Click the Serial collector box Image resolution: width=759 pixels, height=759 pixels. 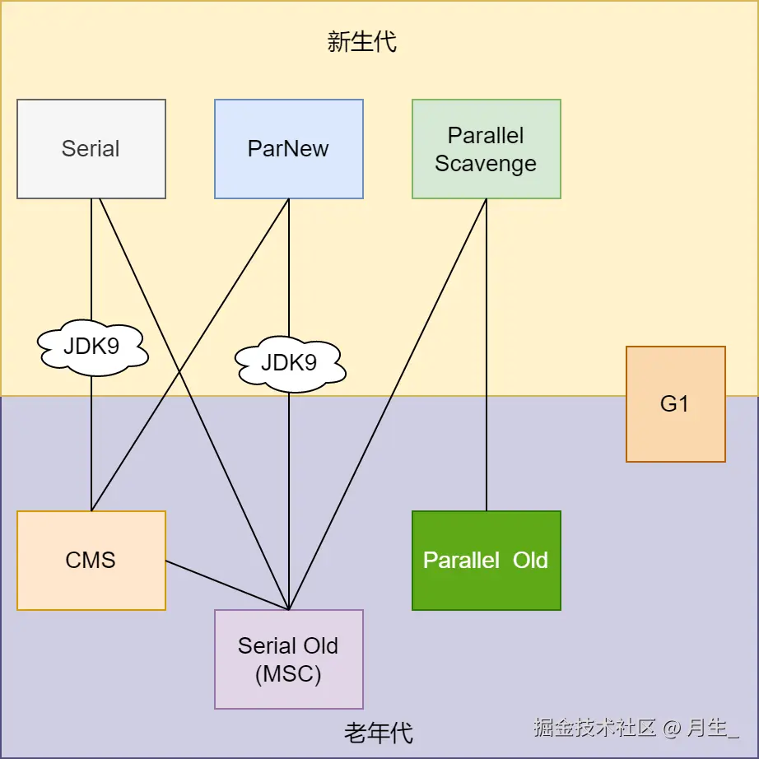click(91, 149)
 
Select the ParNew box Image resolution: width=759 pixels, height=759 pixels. click(289, 149)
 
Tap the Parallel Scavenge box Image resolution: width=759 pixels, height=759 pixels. click(487, 149)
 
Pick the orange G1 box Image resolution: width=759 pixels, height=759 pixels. click(675, 403)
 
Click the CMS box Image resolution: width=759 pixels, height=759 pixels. click(91, 561)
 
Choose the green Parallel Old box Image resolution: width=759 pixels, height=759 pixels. click(487, 561)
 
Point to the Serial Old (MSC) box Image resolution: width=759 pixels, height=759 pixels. click(289, 659)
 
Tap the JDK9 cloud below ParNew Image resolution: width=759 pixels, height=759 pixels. click(289, 363)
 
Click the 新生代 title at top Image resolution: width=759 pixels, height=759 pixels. click(362, 42)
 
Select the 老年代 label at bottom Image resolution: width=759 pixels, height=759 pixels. click(379, 732)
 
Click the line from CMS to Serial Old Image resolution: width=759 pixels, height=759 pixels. click(227, 585)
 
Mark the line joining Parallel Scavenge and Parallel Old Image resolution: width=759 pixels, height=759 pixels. click(487, 354)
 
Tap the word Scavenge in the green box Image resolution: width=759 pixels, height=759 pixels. click(486, 164)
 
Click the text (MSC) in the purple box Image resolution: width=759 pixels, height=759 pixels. click(288, 674)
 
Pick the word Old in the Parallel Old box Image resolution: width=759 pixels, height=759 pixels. click(530, 561)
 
